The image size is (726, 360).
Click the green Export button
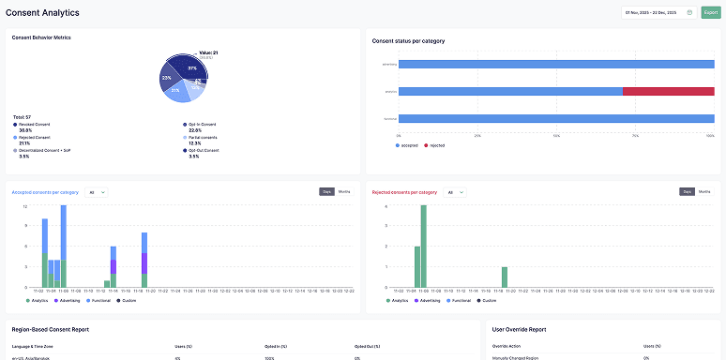click(710, 12)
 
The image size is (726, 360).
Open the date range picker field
click(658, 12)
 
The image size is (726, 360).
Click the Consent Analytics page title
click(42, 12)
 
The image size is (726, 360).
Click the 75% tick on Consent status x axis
click(635, 135)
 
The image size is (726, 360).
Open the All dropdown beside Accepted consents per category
click(96, 192)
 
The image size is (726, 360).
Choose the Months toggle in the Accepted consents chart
click(344, 191)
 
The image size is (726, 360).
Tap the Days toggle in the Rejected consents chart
click(687, 191)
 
